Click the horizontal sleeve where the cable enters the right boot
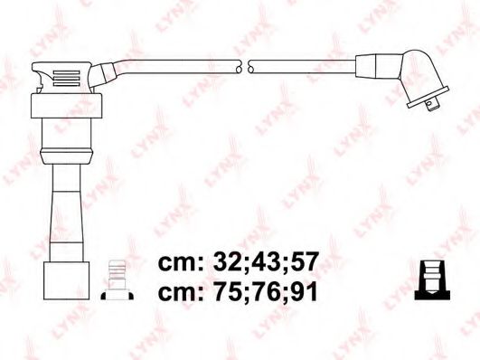372,65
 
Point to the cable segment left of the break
181,66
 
